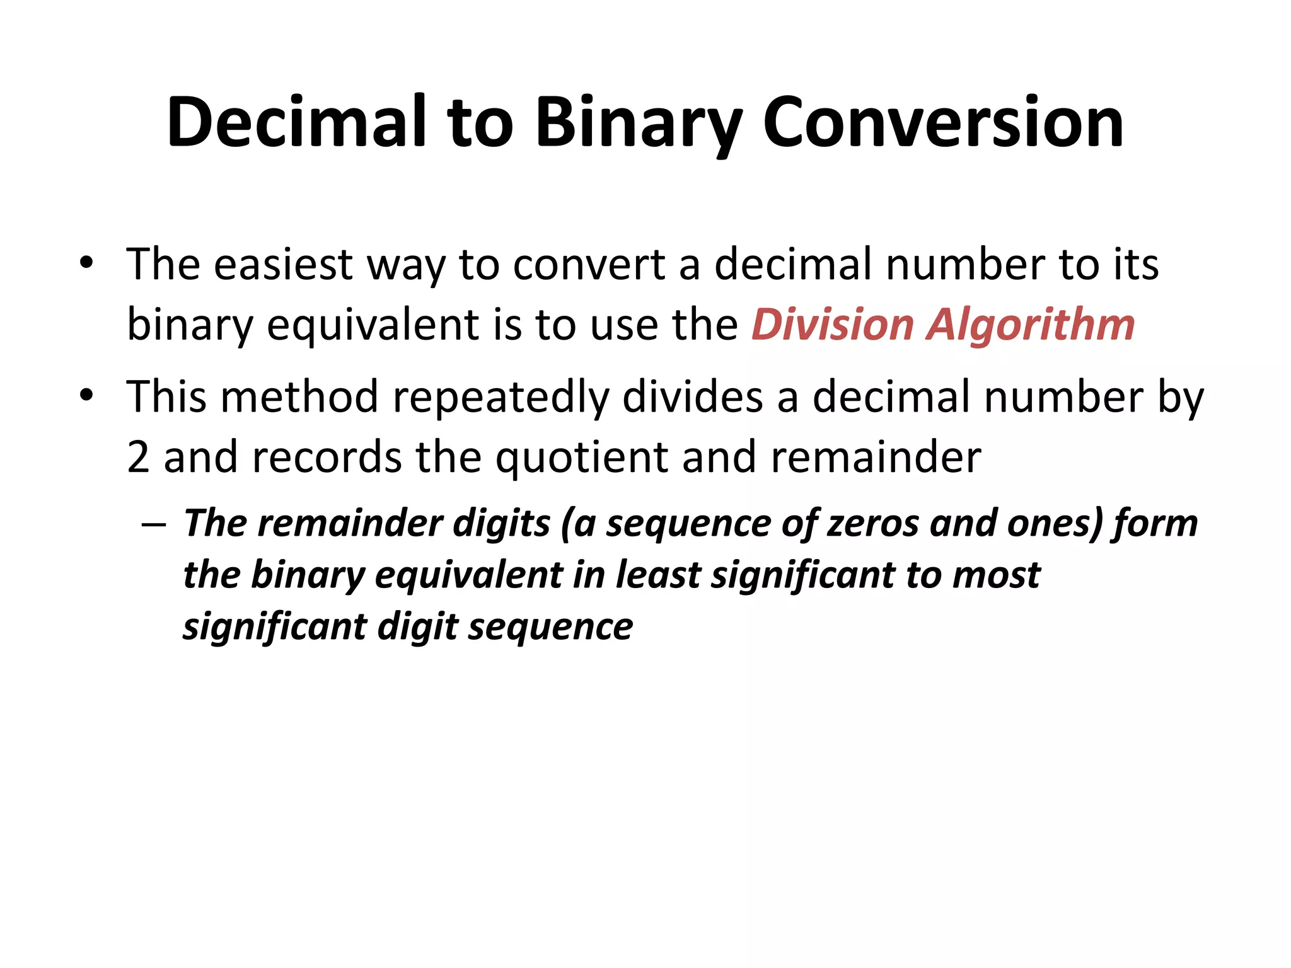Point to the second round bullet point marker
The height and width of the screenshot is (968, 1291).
[86, 396]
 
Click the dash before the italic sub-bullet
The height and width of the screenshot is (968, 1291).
[154, 525]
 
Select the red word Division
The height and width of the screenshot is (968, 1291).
[832, 325]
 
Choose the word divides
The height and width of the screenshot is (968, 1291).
[693, 397]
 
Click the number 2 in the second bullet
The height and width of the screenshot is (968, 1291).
[138, 457]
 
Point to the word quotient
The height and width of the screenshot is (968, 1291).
[581, 457]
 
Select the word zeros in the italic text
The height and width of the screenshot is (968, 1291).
[873, 524]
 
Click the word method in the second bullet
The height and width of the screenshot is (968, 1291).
[299, 397]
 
